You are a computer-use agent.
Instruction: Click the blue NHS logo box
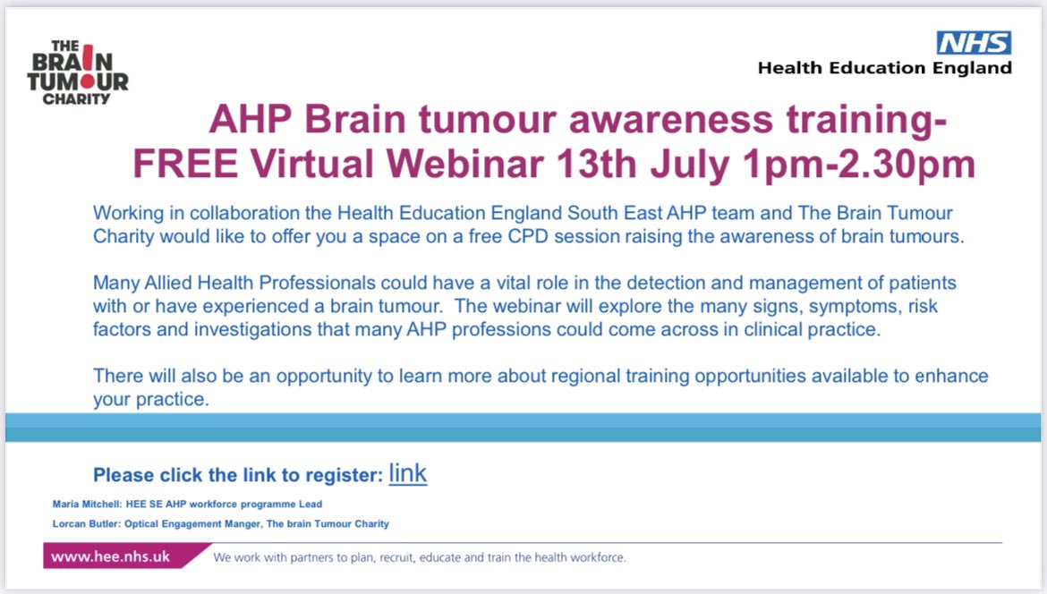click(x=974, y=42)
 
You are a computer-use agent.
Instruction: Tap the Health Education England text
click(x=884, y=68)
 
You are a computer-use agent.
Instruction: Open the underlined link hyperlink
click(x=407, y=473)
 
